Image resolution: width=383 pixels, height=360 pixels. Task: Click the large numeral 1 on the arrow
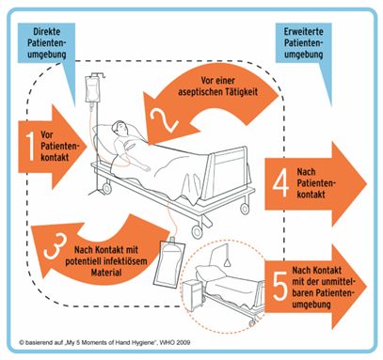(x=30, y=146)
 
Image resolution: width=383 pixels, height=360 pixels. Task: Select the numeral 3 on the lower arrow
(x=56, y=246)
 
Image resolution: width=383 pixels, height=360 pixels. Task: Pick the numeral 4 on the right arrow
(x=280, y=183)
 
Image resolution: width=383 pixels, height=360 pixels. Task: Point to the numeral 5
(x=280, y=286)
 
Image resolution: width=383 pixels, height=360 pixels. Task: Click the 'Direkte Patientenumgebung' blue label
(x=47, y=43)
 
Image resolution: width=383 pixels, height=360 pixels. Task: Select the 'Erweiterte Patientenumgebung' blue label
(x=303, y=43)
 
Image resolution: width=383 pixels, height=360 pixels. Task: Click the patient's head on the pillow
(x=120, y=128)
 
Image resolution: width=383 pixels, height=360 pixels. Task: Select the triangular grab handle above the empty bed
(x=227, y=262)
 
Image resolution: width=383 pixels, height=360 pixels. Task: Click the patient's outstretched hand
(x=146, y=168)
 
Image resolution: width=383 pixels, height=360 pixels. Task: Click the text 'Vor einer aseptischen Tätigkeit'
(x=217, y=86)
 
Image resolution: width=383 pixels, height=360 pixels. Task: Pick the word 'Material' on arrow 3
(x=106, y=273)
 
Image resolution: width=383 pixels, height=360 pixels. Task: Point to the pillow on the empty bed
(x=210, y=272)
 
